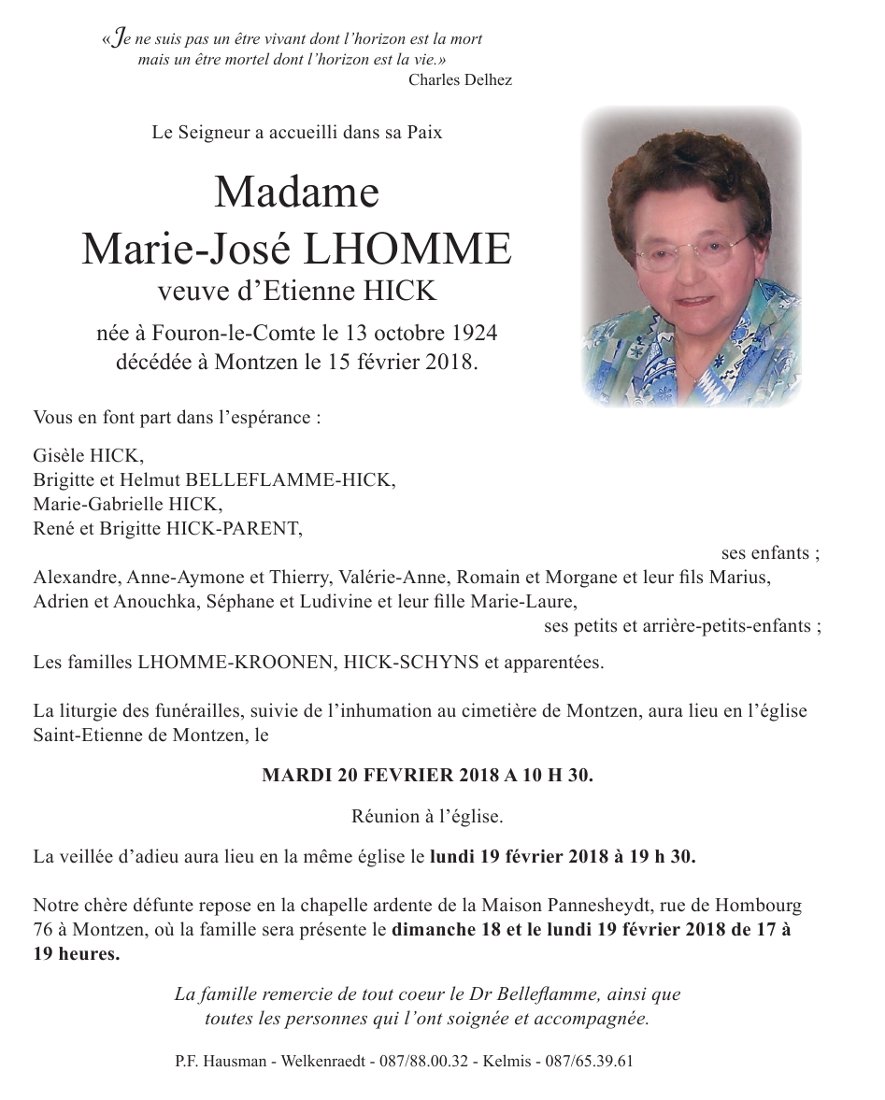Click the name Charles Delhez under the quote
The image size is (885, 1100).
(460, 79)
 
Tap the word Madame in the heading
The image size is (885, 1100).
(296, 193)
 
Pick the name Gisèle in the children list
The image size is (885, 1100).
(58, 456)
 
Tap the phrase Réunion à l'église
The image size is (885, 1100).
(427, 816)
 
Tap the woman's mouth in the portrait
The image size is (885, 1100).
(692, 301)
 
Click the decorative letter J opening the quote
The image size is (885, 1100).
(114, 40)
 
